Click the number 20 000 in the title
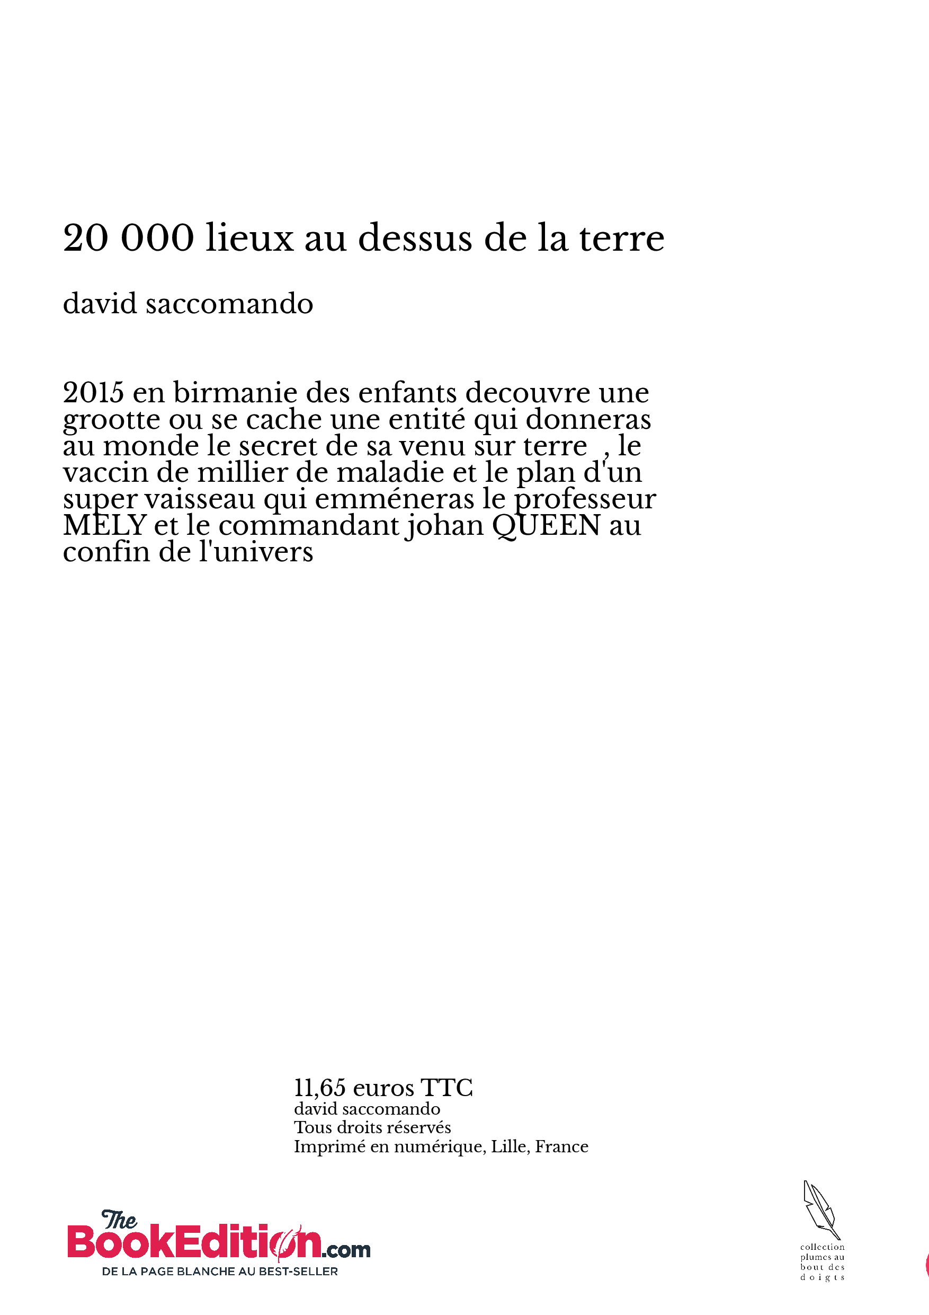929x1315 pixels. pos(129,237)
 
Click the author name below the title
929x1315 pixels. pos(187,304)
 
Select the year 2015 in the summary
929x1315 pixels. pos(93,393)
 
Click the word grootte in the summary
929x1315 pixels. pos(112,420)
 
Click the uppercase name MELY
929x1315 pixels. pos(105,526)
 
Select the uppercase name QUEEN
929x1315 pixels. pos(546,526)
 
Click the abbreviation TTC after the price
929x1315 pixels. pos(446,1088)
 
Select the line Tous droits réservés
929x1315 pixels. pos(372,1127)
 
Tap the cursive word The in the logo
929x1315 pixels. pos(119,1221)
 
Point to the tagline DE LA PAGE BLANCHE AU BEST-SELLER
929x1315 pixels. pos(220,1272)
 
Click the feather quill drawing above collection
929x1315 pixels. pos(821,1210)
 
